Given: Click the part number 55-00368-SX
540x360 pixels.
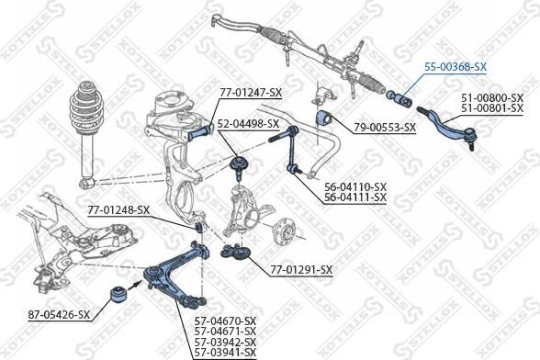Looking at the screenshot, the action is [x=456, y=67].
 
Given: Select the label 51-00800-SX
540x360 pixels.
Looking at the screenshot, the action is [x=491, y=97].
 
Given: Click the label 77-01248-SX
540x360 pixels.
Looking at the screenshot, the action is [x=118, y=210].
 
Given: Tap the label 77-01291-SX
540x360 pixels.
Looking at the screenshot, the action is [x=300, y=269].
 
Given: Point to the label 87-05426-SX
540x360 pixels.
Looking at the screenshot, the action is [x=58, y=315].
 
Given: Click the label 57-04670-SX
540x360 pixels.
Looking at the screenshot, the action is [x=225, y=320].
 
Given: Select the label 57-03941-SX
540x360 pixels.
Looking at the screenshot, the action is [x=225, y=351].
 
